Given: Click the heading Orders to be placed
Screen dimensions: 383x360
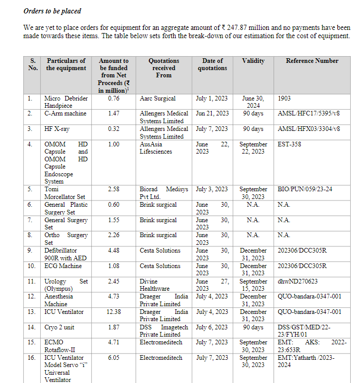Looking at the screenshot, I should point(52,11).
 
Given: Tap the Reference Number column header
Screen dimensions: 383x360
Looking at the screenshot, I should point(312,61).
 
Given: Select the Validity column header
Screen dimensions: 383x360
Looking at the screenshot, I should point(253,61).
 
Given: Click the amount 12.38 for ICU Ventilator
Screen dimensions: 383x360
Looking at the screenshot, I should point(114,312).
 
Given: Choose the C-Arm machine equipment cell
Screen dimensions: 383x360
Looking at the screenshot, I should point(65,113).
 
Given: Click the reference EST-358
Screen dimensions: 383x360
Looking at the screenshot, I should point(289,144).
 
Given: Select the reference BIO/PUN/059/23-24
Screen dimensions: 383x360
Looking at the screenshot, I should point(305,189).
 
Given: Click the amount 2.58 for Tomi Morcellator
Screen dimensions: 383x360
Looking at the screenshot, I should point(114,189).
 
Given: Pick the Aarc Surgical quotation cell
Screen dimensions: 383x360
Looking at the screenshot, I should point(158,98).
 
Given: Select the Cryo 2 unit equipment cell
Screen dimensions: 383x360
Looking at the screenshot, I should point(60,327).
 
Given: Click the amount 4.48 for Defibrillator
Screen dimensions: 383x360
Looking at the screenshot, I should point(114,251).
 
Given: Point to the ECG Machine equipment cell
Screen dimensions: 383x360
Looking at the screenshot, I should point(63,266).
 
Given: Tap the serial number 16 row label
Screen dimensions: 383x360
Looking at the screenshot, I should point(32,358).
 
